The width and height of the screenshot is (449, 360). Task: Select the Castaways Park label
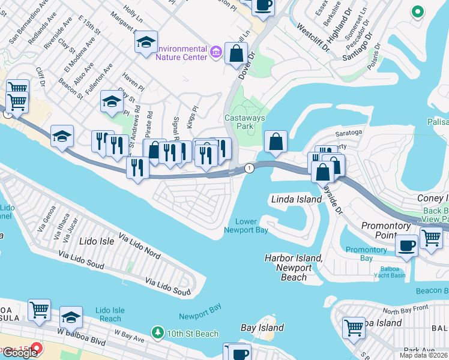(244, 122)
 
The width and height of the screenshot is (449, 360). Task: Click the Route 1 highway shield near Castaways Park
(249, 169)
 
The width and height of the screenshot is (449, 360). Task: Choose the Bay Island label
(261, 328)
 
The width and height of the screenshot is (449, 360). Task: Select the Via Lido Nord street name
(139, 245)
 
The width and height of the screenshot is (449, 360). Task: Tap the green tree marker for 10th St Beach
(158, 332)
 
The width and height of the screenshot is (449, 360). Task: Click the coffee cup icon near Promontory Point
(406, 245)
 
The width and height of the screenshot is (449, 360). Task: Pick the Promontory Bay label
(366, 253)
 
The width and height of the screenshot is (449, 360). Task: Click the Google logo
(20, 353)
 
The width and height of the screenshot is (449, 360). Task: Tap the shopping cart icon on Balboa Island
(354, 328)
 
